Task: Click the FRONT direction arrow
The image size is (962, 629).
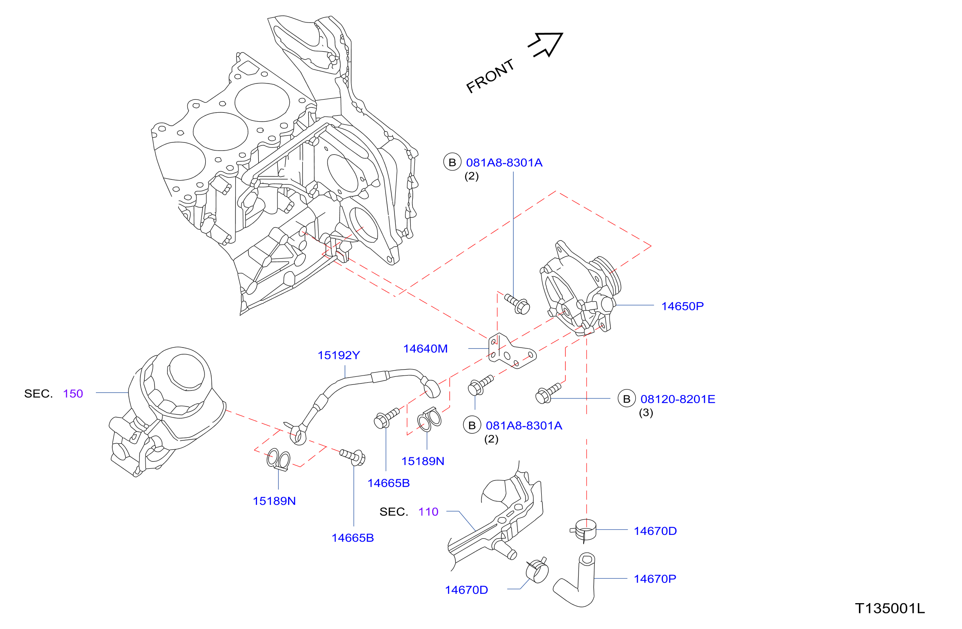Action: (547, 44)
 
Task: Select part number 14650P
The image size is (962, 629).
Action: (682, 306)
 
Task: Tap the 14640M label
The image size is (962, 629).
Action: (425, 348)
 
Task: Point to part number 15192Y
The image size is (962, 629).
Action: (339, 355)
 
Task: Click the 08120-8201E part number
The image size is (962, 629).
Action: (678, 399)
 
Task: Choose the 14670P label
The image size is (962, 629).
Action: (655, 579)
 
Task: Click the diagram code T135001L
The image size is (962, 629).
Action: (890, 608)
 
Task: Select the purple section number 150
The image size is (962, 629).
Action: (73, 393)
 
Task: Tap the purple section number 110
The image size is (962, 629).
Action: (428, 512)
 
